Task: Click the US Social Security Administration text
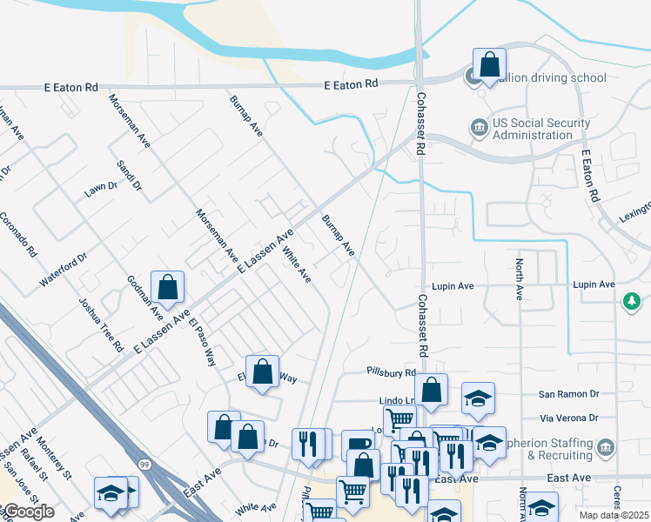(x=533, y=129)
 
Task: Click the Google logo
(x=28, y=512)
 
